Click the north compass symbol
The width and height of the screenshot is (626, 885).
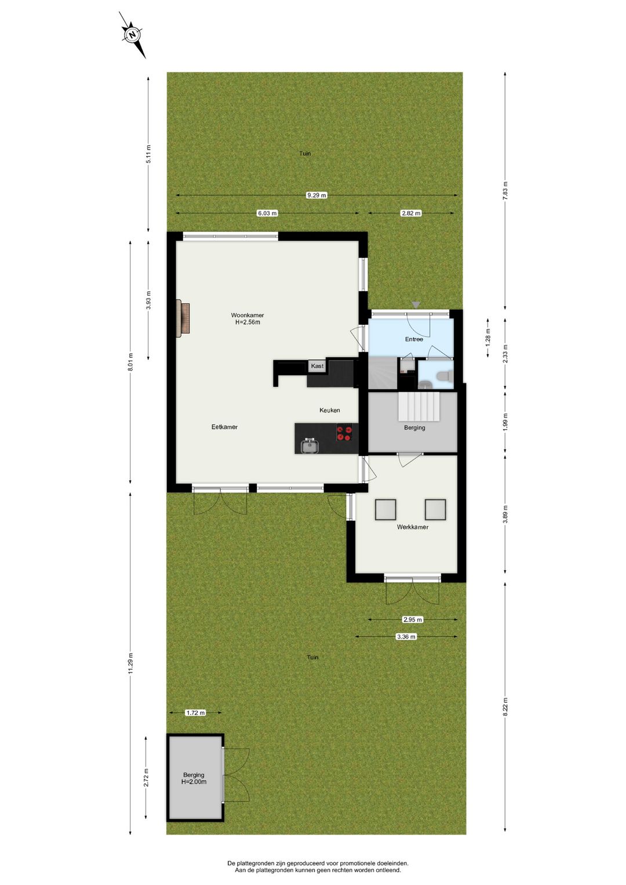pyautogui.click(x=133, y=35)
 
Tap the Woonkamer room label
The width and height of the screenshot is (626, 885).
pyautogui.click(x=248, y=319)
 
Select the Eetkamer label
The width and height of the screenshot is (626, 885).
pyautogui.click(x=224, y=427)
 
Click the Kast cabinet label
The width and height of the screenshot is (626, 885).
pyautogui.click(x=317, y=366)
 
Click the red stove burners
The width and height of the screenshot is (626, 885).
pyautogui.click(x=344, y=434)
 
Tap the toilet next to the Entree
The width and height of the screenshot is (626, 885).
pyautogui.click(x=445, y=376)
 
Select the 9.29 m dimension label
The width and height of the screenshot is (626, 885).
pyautogui.click(x=316, y=195)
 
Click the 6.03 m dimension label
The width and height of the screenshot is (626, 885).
pyautogui.click(x=267, y=213)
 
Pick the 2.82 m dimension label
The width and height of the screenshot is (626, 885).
pyautogui.click(x=411, y=213)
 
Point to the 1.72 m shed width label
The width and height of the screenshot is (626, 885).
pyautogui.click(x=195, y=713)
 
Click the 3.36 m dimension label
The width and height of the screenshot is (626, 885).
pyautogui.click(x=406, y=637)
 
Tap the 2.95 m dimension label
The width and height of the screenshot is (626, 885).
pyautogui.click(x=413, y=619)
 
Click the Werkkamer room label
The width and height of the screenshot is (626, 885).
pyautogui.click(x=413, y=527)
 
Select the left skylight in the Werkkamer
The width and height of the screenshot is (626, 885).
pyautogui.click(x=385, y=509)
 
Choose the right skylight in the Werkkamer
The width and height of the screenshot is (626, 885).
pyautogui.click(x=435, y=509)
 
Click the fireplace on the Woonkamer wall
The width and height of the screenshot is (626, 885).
pyautogui.click(x=184, y=318)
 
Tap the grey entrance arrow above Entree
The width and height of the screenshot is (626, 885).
pyautogui.click(x=416, y=305)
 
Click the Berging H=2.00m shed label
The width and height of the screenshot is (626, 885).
pyautogui.click(x=194, y=778)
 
